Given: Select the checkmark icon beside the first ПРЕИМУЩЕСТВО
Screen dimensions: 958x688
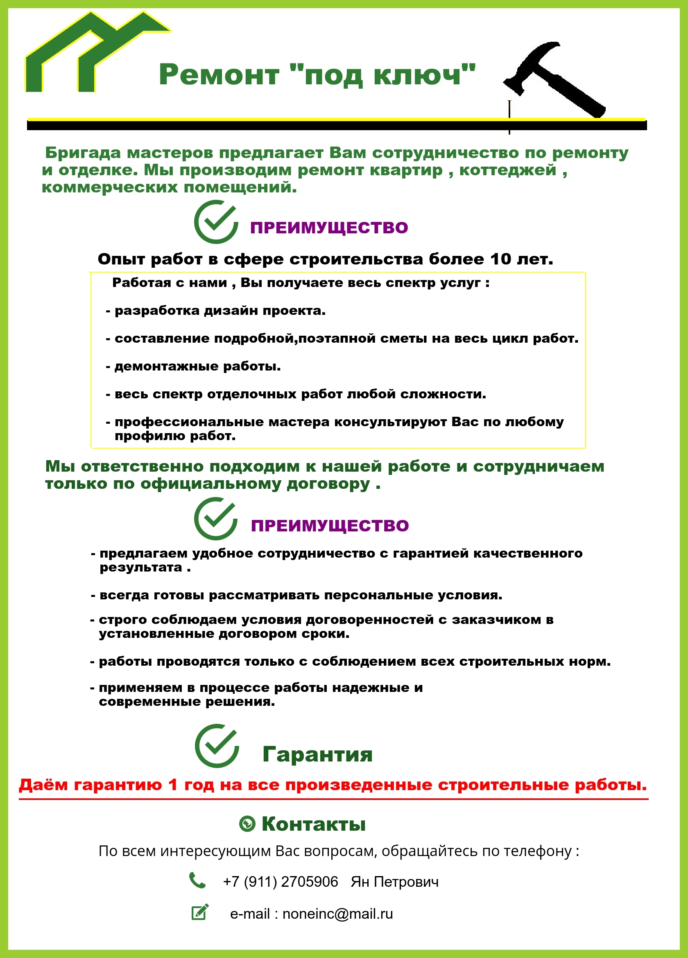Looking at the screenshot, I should pos(216,222).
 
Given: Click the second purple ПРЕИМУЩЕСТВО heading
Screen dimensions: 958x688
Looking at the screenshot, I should pos(330,525).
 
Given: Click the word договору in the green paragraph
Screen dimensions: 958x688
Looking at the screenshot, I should pos(328,484).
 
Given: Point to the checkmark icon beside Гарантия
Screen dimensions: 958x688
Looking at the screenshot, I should pos(217,746).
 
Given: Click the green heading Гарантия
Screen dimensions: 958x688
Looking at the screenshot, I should pos(317,754).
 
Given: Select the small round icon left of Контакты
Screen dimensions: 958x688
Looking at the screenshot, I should pos(247,824).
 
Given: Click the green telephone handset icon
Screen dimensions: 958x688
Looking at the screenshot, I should pos(197,880).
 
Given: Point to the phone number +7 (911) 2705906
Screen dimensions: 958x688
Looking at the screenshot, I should pos(281,882).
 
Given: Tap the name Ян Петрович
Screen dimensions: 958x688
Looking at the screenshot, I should pos(395,882).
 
